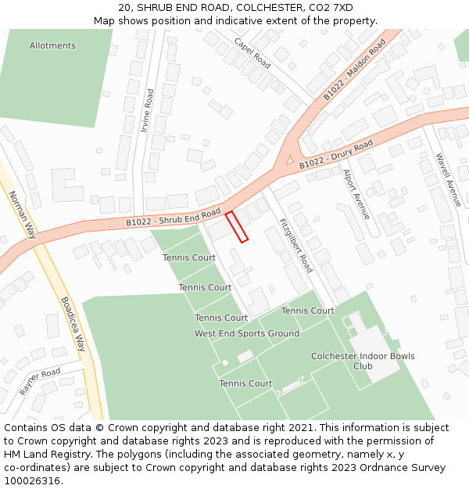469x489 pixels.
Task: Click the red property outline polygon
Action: click(x=237, y=227)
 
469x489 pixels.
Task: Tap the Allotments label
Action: click(x=52, y=45)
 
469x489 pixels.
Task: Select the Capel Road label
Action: click(x=252, y=52)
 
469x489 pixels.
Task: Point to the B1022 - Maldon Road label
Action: click(x=355, y=70)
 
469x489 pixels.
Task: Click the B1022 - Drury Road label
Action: click(x=336, y=155)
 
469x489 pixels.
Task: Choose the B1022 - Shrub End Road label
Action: click(x=174, y=218)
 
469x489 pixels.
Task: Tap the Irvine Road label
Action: click(x=147, y=110)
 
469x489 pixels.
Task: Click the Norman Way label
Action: click(x=23, y=214)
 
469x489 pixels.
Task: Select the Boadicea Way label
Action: click(x=73, y=321)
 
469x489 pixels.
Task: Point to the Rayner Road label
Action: click(x=40, y=381)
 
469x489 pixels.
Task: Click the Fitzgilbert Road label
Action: click(x=295, y=245)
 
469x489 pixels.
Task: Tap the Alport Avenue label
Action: click(x=356, y=193)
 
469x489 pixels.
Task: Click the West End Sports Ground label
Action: click(x=247, y=333)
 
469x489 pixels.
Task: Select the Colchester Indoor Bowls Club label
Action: click(x=363, y=361)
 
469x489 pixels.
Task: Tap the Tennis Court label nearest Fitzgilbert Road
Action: click(x=308, y=311)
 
